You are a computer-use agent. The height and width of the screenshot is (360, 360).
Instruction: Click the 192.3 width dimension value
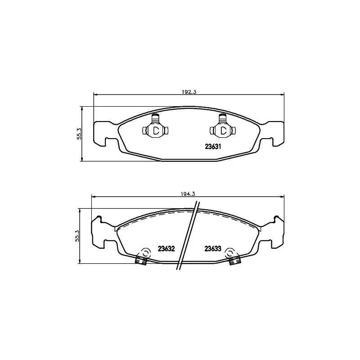point(189,92)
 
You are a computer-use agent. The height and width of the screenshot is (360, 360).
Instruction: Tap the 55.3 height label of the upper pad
point(79,134)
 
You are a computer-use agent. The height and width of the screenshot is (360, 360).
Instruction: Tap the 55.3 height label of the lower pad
point(77,236)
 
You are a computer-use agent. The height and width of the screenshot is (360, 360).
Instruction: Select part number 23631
point(211,146)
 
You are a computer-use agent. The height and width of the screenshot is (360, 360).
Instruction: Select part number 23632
point(166,248)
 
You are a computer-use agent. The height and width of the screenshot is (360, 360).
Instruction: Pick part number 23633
point(212,248)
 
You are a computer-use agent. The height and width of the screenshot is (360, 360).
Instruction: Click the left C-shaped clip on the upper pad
point(155,130)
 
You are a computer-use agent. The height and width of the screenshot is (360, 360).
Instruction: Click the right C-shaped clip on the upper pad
point(223,130)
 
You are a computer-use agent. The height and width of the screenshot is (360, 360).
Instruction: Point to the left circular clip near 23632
point(145,253)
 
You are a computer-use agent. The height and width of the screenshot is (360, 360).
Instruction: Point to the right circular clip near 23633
point(230,253)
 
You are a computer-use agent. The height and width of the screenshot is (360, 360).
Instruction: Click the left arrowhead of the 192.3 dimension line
point(95,94)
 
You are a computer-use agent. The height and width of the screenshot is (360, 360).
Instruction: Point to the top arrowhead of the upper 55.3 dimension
point(81,108)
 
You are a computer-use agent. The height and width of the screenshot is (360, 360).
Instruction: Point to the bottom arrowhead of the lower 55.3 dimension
point(79,262)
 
